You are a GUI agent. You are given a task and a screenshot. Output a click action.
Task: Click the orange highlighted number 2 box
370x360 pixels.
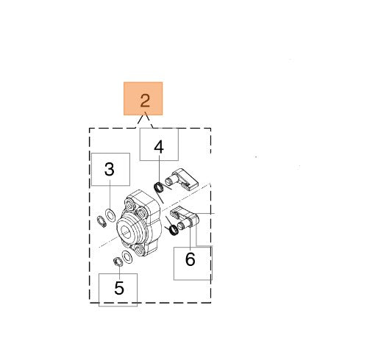tap(143, 98)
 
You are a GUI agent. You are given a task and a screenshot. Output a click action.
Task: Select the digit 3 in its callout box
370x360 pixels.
tap(110, 169)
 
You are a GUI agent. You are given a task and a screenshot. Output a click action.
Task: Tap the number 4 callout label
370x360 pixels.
tap(159, 147)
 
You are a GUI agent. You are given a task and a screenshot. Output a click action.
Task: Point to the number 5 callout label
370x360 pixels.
tap(119, 288)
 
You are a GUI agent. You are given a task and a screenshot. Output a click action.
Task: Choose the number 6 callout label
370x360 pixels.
tap(191, 259)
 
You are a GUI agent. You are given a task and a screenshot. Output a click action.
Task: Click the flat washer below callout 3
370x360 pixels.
tap(110, 215)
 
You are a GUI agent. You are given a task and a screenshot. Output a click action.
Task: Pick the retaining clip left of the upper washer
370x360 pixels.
tap(102, 222)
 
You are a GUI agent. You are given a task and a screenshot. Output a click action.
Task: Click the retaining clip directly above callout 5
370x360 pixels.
tap(118, 262)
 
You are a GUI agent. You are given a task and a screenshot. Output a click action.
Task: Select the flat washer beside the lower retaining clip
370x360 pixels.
tap(127, 257)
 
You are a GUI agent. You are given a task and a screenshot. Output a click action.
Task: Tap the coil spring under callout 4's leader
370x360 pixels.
tap(159, 188)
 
